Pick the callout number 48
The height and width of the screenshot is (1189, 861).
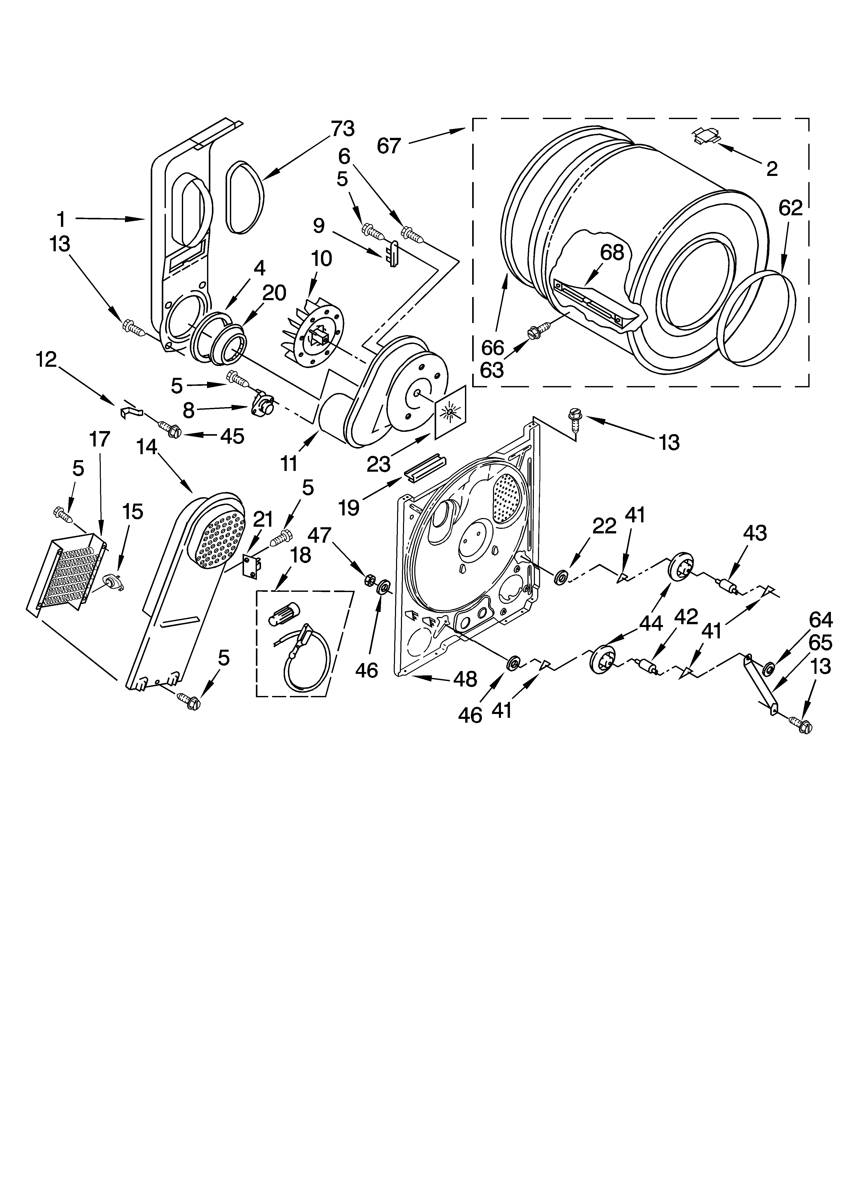[465, 680]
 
